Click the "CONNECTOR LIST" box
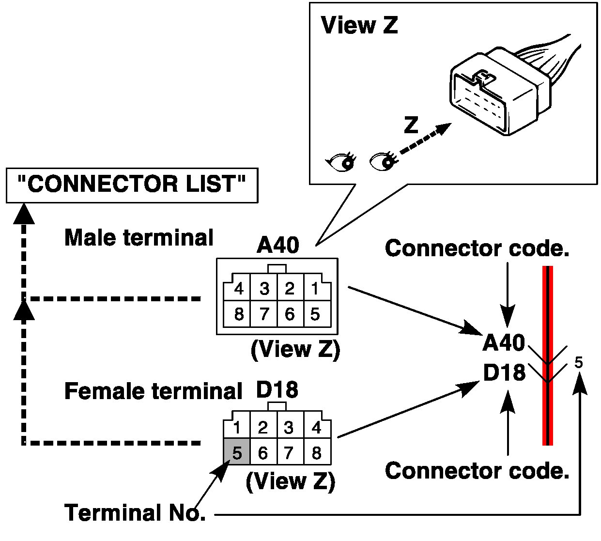pos(131,185)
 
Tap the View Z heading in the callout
pos(359,25)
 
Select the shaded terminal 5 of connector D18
pos(237,452)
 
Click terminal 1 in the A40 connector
pos(315,289)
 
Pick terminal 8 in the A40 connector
pos(239,314)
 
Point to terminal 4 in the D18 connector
pos(317,427)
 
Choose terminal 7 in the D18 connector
pos(289,453)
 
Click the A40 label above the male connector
pos(278,246)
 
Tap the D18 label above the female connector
pos(277,390)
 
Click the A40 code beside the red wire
pos(504,343)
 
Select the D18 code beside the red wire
pos(504,372)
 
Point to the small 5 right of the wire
pos(579,362)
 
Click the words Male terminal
pos(139,238)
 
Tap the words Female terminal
pos(153,391)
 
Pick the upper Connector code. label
pos(477,248)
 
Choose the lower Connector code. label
pos(477,471)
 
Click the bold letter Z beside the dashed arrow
pos(411,125)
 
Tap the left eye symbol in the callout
pos(342,161)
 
